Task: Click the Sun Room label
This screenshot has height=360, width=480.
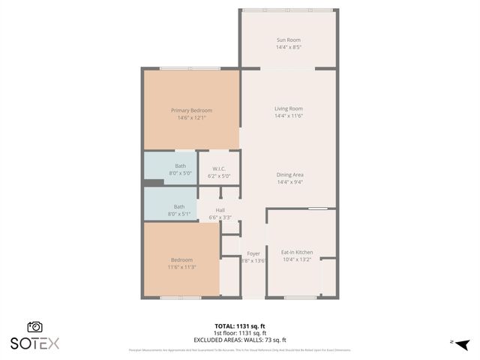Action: click(288, 40)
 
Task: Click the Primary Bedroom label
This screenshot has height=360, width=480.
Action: click(191, 109)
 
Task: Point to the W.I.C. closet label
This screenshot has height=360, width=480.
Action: click(219, 169)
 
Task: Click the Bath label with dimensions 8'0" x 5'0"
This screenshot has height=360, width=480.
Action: click(180, 166)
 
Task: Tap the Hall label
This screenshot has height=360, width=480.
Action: click(220, 210)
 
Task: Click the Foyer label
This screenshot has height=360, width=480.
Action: click(253, 253)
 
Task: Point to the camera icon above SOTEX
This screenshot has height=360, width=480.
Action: click(34, 327)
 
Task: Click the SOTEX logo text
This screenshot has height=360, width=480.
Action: click(34, 343)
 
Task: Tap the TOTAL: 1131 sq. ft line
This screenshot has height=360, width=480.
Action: click(240, 325)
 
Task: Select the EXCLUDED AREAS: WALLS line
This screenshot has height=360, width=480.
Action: click(240, 339)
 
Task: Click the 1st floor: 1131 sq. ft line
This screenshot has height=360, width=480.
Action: click(240, 332)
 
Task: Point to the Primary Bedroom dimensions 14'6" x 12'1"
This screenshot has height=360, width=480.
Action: click(191, 118)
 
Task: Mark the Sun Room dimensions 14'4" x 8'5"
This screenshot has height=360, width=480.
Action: click(288, 47)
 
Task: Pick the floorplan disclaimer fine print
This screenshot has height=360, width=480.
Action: click(240, 349)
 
